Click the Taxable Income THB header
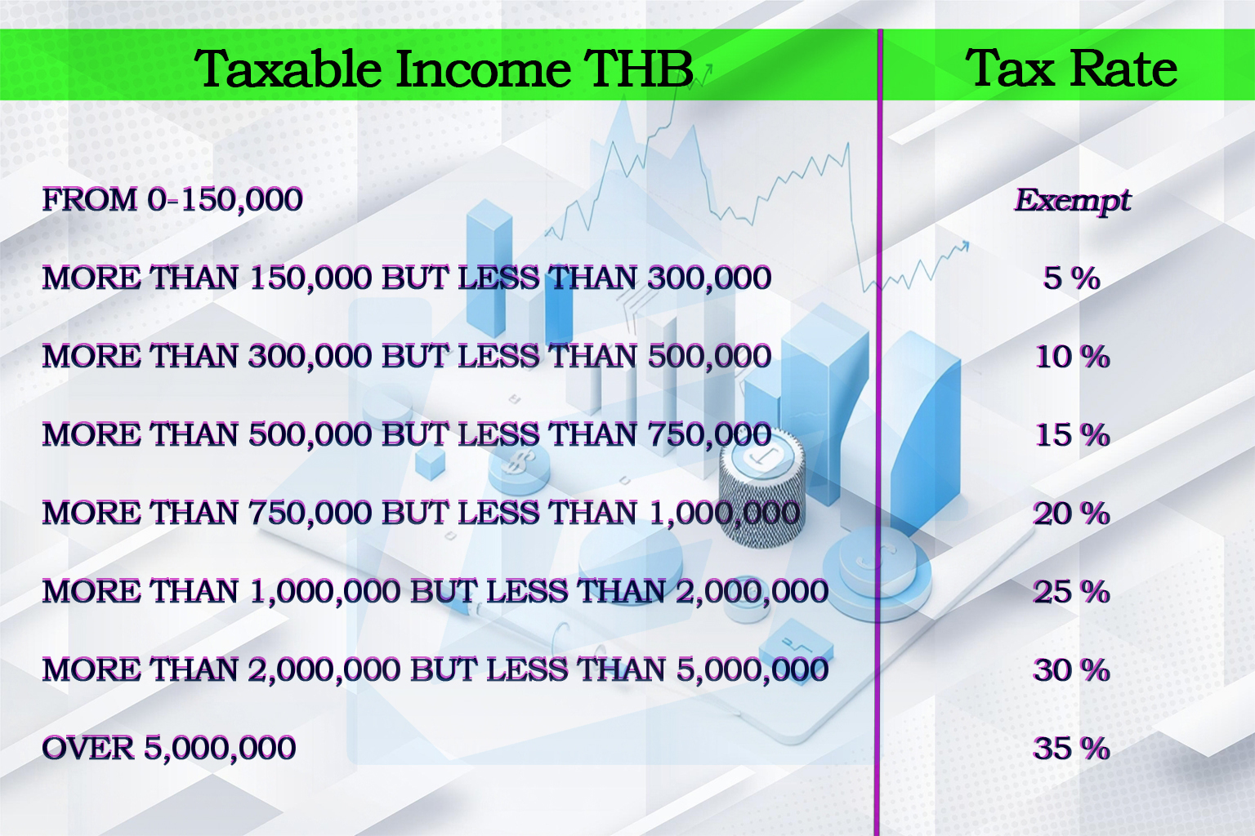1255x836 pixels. point(444,69)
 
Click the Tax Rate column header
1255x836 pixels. point(1070,69)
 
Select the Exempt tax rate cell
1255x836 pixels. point(1072,201)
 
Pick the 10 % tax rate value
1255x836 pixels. point(1072,357)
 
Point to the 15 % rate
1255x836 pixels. point(1072,435)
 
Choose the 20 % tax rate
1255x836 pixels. point(1071,514)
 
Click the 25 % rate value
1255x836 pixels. point(1071,592)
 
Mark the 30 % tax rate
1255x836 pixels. point(1071,670)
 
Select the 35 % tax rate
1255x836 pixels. point(1071,749)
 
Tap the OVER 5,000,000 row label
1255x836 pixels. point(169,749)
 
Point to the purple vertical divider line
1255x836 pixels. point(879,432)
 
